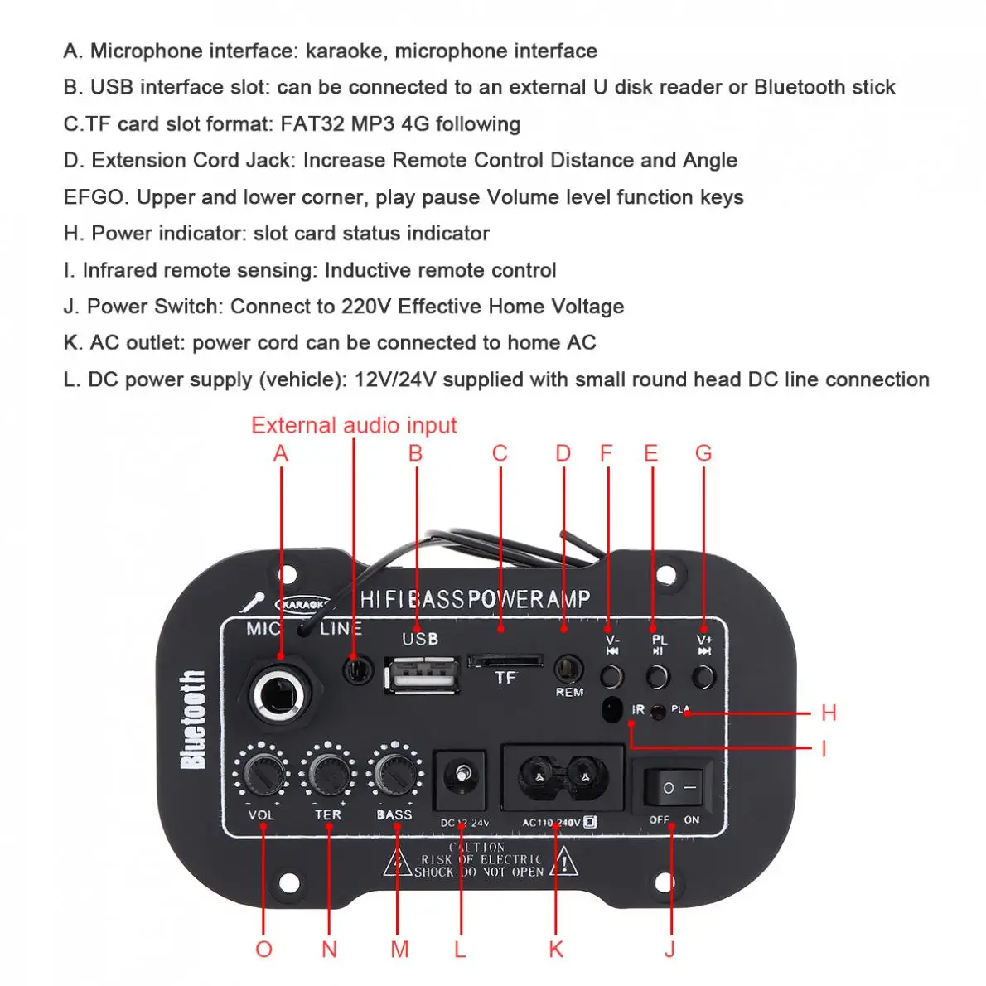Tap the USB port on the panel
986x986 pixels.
pyautogui.click(x=421, y=674)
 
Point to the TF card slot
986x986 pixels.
pyautogui.click(x=505, y=660)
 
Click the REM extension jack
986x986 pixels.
pyautogui.click(x=568, y=668)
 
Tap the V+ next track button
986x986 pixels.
pyautogui.click(x=704, y=676)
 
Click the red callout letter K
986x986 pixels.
pyautogui.click(x=556, y=950)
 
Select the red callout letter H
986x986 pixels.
pyautogui.click(x=829, y=713)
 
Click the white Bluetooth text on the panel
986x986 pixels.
pyautogui.click(x=193, y=719)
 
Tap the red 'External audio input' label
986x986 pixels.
pyautogui.click(x=354, y=426)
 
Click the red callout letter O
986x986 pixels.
pyautogui.click(x=263, y=950)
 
